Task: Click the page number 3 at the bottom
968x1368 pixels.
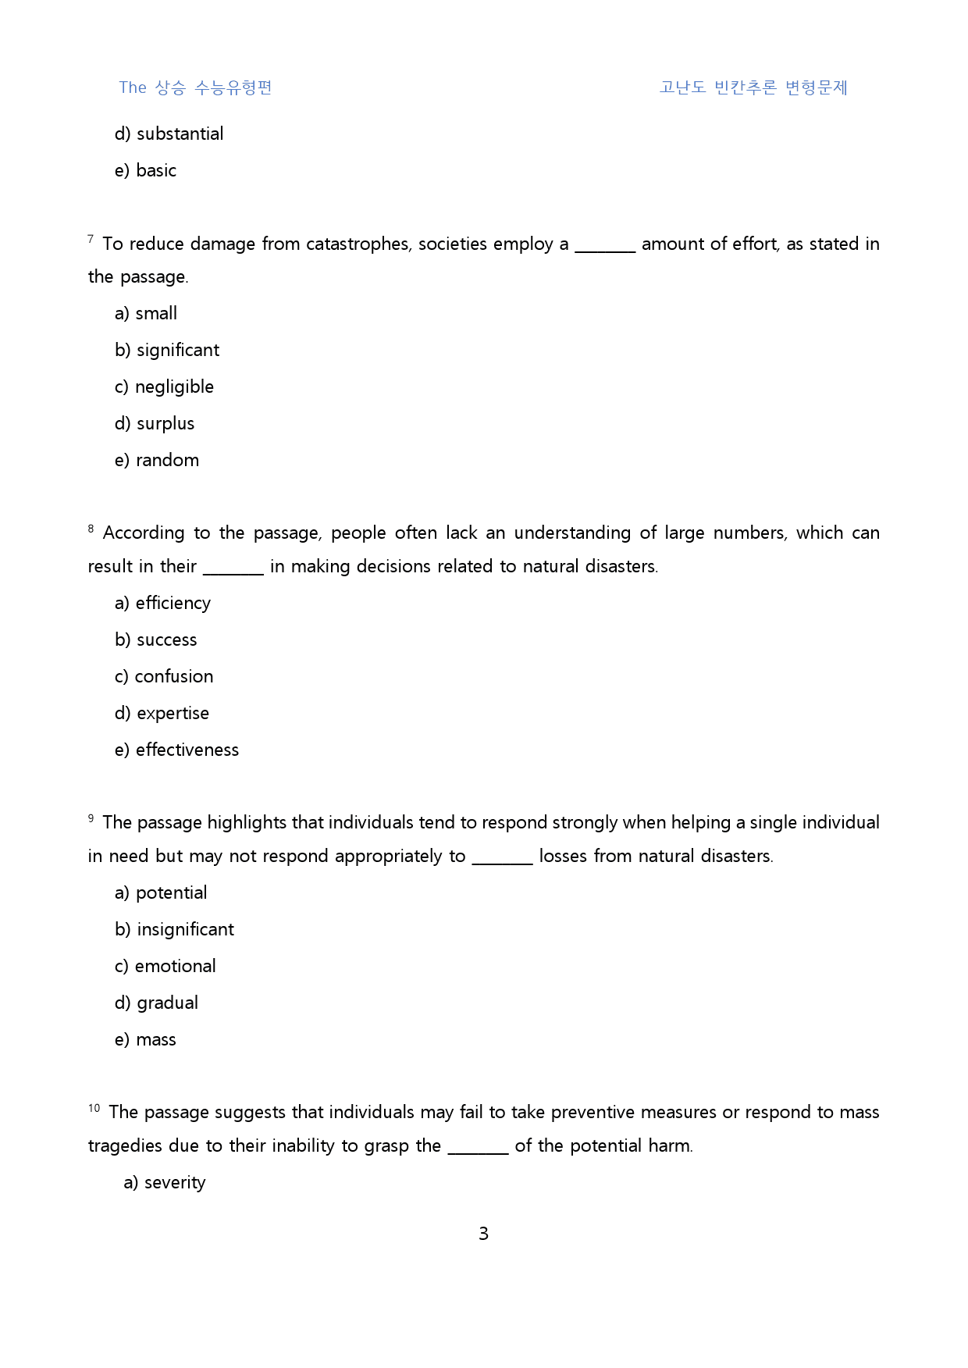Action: point(483,1234)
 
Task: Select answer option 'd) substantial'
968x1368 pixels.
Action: point(169,134)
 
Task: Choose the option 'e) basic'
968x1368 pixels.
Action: point(145,171)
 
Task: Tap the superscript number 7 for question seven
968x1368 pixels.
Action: point(91,239)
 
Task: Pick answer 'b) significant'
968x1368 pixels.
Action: point(167,351)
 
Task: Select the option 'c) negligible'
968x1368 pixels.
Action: point(164,387)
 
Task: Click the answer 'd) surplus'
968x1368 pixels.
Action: point(155,424)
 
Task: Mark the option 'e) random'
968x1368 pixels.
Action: point(157,461)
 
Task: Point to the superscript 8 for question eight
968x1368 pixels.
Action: point(91,529)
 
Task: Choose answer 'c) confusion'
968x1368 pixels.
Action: point(164,677)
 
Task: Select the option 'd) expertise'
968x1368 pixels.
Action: point(162,714)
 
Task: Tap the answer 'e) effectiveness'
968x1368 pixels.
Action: point(176,750)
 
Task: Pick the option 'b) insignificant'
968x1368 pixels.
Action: point(174,930)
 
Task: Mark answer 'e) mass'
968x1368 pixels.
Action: point(145,1040)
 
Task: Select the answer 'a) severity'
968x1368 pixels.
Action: point(165,1183)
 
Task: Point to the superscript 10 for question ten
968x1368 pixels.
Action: point(94,1108)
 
